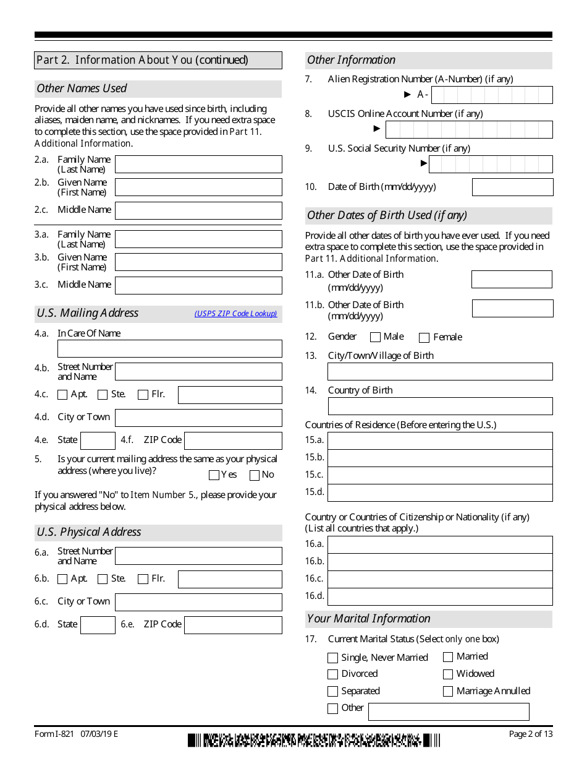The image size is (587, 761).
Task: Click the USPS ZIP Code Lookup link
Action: click(236, 314)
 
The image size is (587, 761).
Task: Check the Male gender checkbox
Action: click(375, 337)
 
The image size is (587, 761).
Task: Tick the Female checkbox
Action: click(424, 338)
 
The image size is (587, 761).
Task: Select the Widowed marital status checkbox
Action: click(448, 674)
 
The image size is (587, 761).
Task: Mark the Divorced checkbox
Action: click(333, 674)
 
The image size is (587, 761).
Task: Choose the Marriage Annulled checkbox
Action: click(448, 692)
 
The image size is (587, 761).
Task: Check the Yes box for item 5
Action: click(214, 475)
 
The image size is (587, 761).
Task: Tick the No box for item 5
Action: click(255, 475)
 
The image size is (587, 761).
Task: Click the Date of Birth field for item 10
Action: click(512, 187)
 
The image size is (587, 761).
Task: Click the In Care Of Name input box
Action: click(169, 348)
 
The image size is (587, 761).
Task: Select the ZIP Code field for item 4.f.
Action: click(233, 441)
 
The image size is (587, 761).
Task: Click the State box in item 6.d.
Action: click(98, 625)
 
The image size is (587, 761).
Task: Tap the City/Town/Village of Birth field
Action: click(440, 371)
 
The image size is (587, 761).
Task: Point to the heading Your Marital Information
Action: click(369, 619)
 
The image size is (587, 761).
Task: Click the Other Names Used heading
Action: click(82, 88)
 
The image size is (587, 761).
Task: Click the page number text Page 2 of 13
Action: click(530, 734)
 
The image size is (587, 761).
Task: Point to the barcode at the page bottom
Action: click(314, 740)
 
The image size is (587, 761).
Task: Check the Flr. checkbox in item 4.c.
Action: click(143, 395)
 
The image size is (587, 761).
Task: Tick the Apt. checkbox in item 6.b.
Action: click(62, 579)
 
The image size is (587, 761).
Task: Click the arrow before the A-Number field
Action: click(407, 95)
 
